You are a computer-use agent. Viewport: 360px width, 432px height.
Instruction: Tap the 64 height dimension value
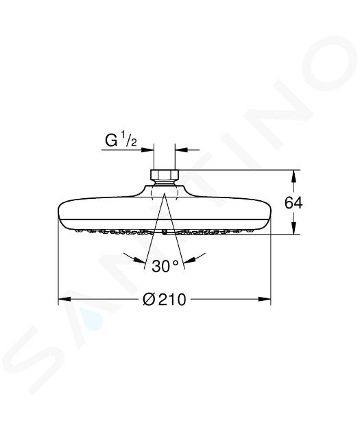click(x=293, y=203)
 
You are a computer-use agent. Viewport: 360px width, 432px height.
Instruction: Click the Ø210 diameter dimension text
click(x=165, y=299)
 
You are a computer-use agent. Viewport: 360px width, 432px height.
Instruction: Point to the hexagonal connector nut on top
click(x=164, y=174)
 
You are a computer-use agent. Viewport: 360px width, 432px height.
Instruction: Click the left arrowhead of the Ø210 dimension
click(x=65, y=299)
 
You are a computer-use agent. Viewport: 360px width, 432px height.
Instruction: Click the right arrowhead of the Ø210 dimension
click(x=264, y=299)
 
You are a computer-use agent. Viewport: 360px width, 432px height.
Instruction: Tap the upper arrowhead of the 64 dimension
click(x=294, y=177)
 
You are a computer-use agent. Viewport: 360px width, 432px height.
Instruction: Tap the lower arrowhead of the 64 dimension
click(x=294, y=228)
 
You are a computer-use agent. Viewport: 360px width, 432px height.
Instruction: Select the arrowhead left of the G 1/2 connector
click(x=147, y=149)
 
